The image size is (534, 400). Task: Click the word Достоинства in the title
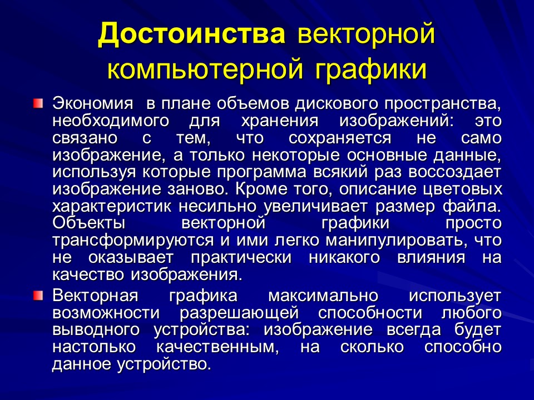point(192,35)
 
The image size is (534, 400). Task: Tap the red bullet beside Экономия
point(37,103)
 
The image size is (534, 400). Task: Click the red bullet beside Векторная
point(37,294)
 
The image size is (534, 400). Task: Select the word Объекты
point(88,223)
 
